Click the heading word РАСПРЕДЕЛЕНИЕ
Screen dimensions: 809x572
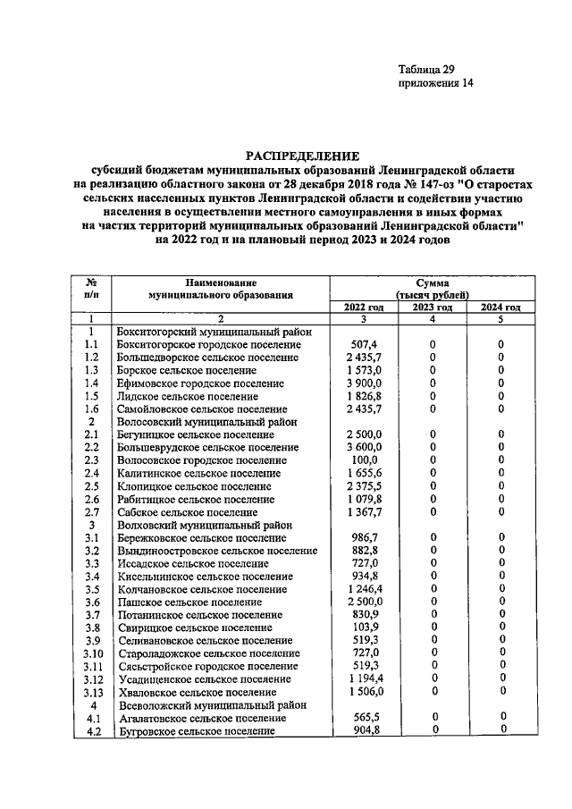pos(301,155)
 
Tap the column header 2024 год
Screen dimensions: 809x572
pos(500,308)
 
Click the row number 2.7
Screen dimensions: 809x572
pos(90,511)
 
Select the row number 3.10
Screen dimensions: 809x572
pos(90,653)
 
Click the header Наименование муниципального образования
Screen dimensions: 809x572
pos(221,287)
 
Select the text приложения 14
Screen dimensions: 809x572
pos(435,83)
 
